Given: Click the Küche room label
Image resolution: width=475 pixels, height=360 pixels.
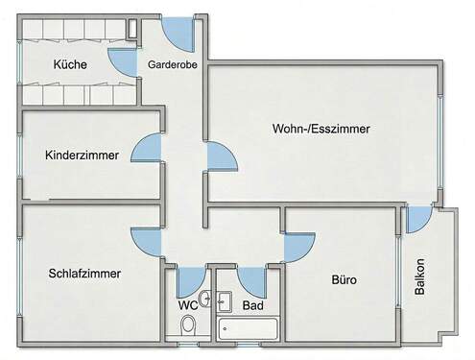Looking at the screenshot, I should tap(72, 65).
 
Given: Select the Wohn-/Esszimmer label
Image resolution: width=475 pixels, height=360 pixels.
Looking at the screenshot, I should tap(321, 128).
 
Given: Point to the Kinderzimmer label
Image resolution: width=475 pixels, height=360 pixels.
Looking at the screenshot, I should tap(82, 154).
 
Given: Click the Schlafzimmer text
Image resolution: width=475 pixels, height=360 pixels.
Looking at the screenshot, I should tap(83, 273).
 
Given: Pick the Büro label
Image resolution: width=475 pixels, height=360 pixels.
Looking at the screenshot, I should tap(344, 281).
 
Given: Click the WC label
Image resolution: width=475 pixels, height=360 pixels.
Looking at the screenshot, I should tap(188, 306).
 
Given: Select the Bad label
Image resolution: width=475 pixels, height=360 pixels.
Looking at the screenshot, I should tap(253, 306).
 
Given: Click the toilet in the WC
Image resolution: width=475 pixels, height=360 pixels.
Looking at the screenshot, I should tap(188, 325).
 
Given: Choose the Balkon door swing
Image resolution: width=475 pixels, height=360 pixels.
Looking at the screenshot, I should tap(416, 220).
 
